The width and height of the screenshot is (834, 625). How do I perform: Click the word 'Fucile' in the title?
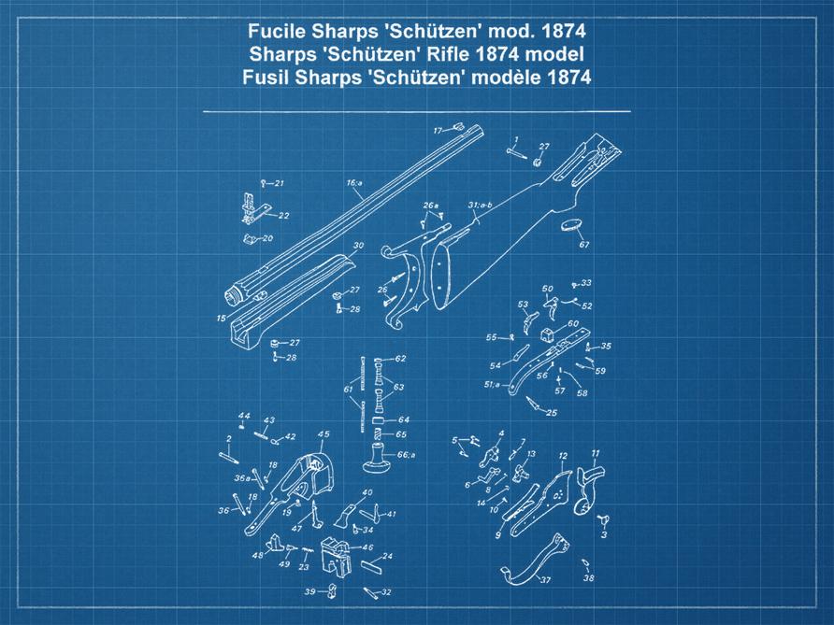pyautogui.click(x=278, y=30)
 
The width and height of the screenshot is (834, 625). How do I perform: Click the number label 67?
pyautogui.click(x=584, y=245)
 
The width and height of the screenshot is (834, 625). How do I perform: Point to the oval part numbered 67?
pyautogui.click(x=572, y=225)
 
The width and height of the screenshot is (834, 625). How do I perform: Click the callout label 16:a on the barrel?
pyautogui.click(x=354, y=183)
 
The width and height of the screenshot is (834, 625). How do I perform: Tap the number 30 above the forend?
pyautogui.click(x=357, y=246)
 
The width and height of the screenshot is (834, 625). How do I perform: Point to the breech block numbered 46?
pyautogui.click(x=338, y=559)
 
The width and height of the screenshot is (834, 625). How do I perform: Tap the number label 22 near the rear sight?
pyautogui.click(x=283, y=216)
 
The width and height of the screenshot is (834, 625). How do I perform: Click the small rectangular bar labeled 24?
pyautogui.click(x=371, y=564)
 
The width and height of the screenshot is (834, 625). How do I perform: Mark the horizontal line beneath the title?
pyautogui.click(x=416, y=111)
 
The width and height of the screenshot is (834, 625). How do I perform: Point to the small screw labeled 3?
pyautogui.click(x=604, y=519)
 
